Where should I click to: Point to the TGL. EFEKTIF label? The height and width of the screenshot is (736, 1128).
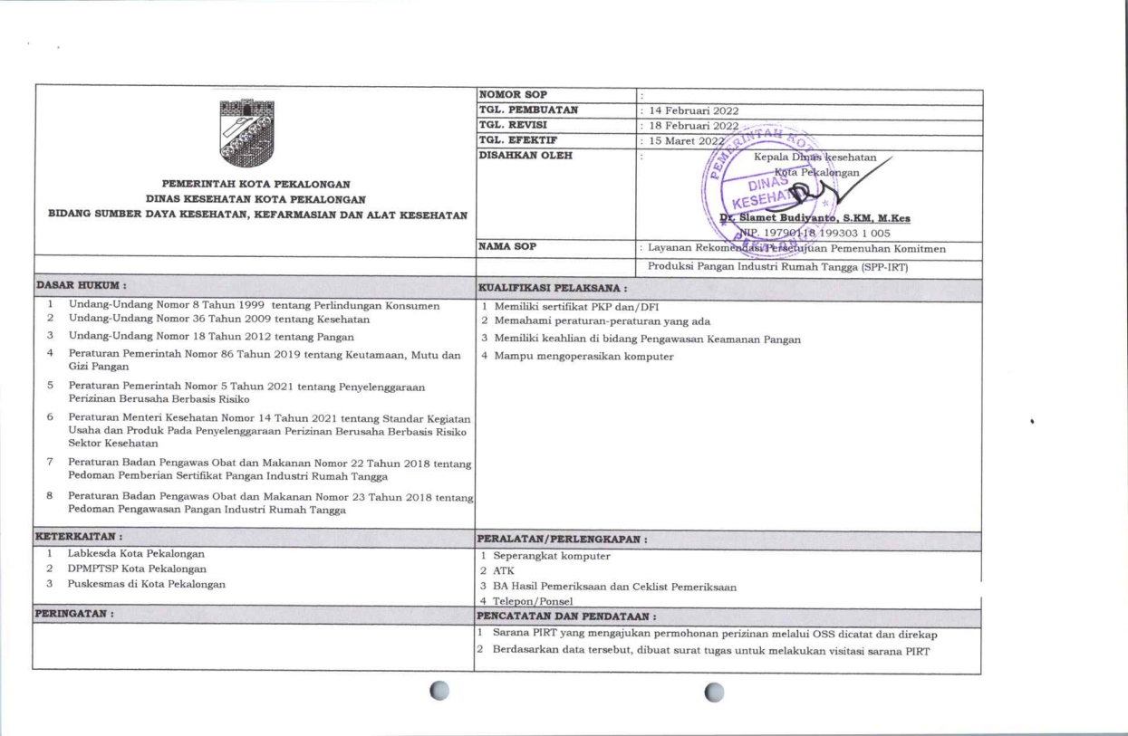(x=514, y=141)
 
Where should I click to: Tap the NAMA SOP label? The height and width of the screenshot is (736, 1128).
(x=509, y=245)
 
